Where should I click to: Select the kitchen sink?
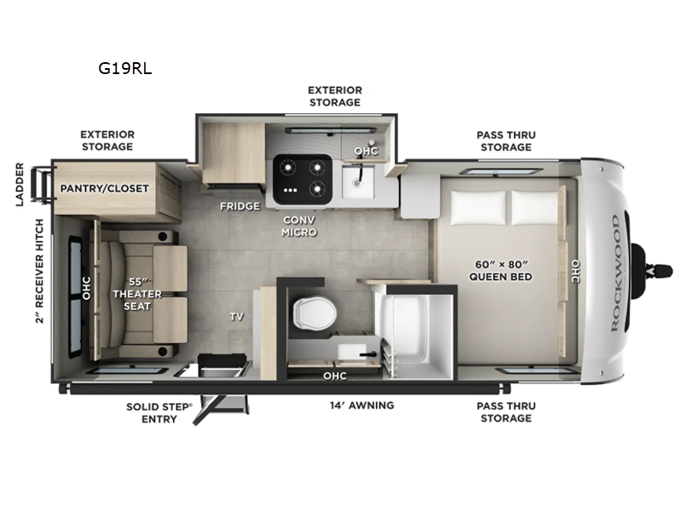click(x=358, y=181)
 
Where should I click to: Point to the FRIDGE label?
click(x=239, y=206)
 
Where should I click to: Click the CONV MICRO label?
click(x=300, y=226)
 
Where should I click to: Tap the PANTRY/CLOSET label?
click(x=104, y=188)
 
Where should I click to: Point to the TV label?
click(x=236, y=317)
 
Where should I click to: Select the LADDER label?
click(x=20, y=183)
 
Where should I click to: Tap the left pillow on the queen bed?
click(x=477, y=205)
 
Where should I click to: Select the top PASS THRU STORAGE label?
click(x=506, y=141)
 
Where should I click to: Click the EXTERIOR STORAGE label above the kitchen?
click(x=335, y=96)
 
